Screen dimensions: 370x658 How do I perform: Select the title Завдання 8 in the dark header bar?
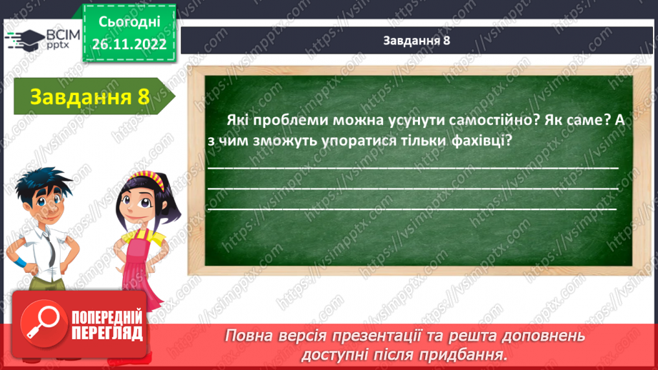click(x=416, y=40)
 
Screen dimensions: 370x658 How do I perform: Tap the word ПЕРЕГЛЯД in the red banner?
click(x=107, y=333)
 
